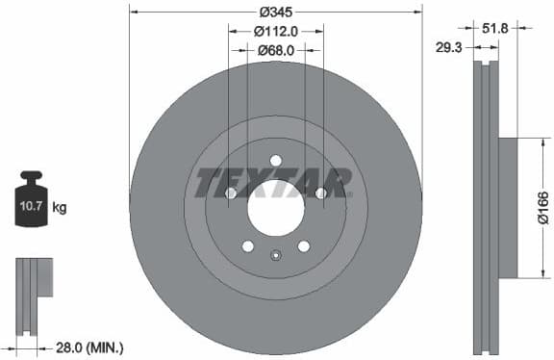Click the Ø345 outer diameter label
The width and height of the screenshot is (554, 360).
click(276, 12)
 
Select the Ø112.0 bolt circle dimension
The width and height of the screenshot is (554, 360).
click(276, 31)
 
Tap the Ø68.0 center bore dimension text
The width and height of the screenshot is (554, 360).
click(276, 50)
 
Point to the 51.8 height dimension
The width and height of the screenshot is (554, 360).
click(495, 29)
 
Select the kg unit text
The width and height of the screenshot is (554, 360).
click(60, 207)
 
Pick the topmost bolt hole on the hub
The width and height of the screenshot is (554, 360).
click(276, 160)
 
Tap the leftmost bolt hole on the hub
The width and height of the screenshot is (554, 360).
click(231, 193)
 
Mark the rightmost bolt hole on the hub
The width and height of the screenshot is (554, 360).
click(321, 193)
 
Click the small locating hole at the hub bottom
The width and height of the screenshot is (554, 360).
click(276, 255)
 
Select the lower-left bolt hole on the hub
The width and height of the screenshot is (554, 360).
click(248, 245)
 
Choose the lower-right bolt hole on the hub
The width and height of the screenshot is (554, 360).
click(304, 245)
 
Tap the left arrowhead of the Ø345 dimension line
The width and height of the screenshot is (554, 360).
click(134, 12)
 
